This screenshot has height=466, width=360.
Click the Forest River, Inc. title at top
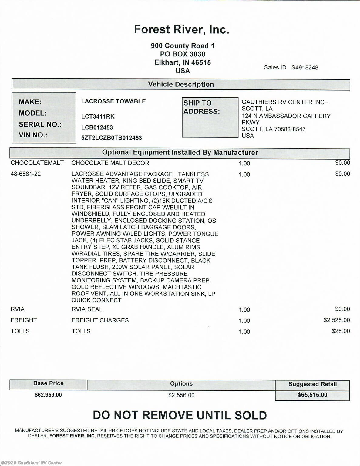(181, 29)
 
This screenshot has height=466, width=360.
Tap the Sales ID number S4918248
(304, 67)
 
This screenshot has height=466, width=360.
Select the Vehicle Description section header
(181, 84)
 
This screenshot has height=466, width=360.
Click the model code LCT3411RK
(98, 116)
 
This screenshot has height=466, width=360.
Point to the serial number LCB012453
(97, 127)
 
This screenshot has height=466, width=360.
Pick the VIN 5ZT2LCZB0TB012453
(111, 138)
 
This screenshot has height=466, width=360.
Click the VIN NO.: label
(33, 135)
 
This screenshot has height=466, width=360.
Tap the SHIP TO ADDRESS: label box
(210, 117)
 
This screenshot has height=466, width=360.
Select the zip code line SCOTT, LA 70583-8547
(273, 129)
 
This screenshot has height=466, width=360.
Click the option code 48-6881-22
(25, 174)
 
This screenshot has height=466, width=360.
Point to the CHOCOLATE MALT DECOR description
(110, 163)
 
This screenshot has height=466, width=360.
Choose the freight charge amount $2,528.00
(336, 320)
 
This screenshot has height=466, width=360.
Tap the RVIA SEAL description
(87, 309)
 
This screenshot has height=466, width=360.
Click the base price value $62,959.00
(48, 395)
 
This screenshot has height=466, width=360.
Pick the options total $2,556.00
(181, 395)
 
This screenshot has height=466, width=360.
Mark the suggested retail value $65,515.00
(312, 395)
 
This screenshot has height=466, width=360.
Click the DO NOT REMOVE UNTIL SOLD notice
(180, 415)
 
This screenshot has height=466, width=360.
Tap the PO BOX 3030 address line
(183, 54)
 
